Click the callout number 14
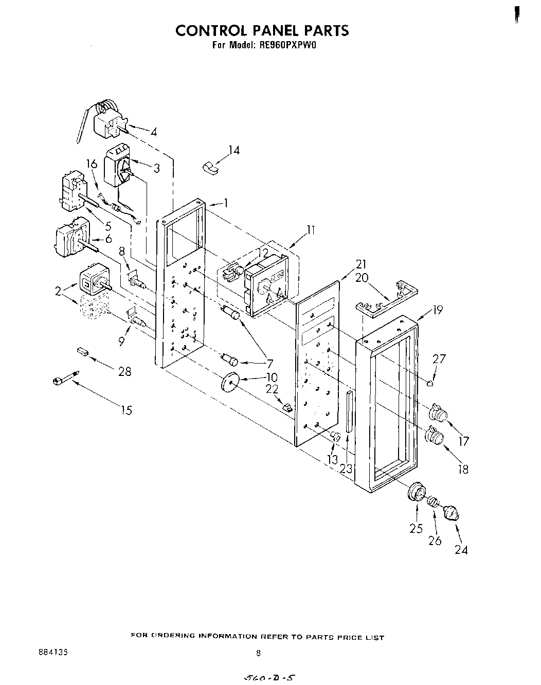[234, 151]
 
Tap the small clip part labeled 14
[209, 168]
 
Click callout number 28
[125, 371]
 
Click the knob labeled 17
[438, 412]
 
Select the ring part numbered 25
[415, 492]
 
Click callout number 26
[435, 540]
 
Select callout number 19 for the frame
[437, 310]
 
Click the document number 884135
[53, 652]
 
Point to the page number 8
[258, 653]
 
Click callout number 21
[361, 264]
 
